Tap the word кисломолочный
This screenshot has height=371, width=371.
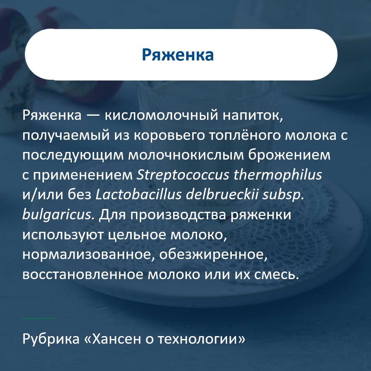(x=161, y=116)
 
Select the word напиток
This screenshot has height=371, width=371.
(x=253, y=116)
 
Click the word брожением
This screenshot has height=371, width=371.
(x=289, y=155)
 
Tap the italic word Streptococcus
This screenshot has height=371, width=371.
(x=183, y=175)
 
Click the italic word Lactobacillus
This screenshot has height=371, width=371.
(x=138, y=195)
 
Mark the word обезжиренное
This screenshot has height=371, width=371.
(x=213, y=255)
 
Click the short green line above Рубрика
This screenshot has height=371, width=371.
(x=39, y=318)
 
